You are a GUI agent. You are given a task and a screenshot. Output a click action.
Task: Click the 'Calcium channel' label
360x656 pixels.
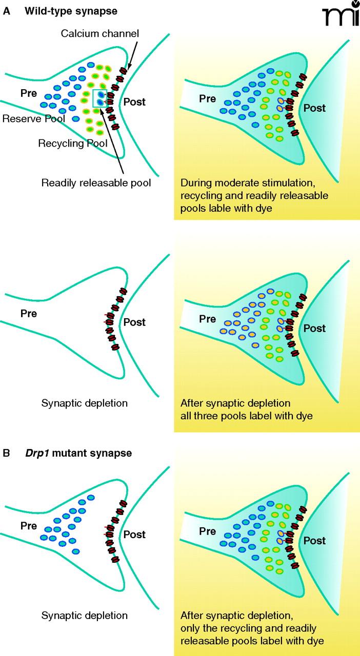click(x=100, y=33)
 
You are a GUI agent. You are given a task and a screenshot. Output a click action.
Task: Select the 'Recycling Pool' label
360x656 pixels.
click(x=72, y=143)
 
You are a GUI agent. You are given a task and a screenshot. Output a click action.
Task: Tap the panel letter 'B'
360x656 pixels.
click(x=7, y=454)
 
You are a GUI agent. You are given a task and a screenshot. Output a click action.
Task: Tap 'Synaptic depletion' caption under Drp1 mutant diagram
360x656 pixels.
click(x=84, y=616)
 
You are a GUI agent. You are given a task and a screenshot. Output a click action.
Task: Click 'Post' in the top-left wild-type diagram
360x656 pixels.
click(x=134, y=102)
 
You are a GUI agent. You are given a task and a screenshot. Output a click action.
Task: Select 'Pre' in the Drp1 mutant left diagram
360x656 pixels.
click(x=30, y=526)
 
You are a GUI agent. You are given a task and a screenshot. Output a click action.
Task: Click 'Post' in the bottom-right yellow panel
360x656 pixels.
click(x=314, y=541)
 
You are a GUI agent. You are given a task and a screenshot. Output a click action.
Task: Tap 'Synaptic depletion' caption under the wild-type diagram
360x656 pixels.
click(x=84, y=403)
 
